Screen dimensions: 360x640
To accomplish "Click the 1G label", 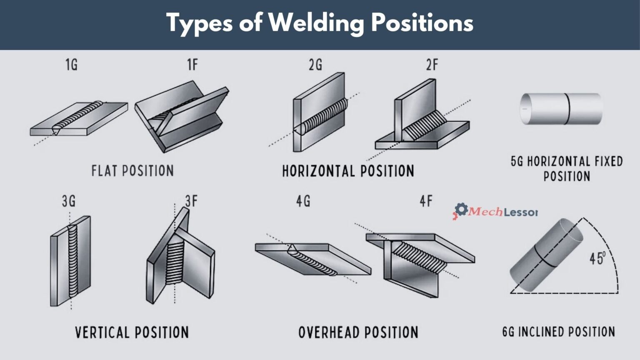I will coord(71,65).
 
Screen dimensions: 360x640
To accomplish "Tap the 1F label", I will coord(192,65).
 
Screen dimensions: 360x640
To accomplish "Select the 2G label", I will coord(315,65).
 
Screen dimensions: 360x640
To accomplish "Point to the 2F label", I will coord(432,65).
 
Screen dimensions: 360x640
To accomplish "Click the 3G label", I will coord(69,201).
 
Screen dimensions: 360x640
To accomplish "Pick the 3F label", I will coord(191,201).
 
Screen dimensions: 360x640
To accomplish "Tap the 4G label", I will coord(303,201).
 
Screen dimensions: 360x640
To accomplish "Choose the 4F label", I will coord(426,201).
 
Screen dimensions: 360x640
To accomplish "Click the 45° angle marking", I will coord(597,258).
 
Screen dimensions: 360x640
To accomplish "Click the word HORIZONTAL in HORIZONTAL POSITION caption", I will coord(317,171).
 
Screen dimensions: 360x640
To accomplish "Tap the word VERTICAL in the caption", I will coord(102,332).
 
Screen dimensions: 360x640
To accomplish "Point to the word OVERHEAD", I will coord(329,332).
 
